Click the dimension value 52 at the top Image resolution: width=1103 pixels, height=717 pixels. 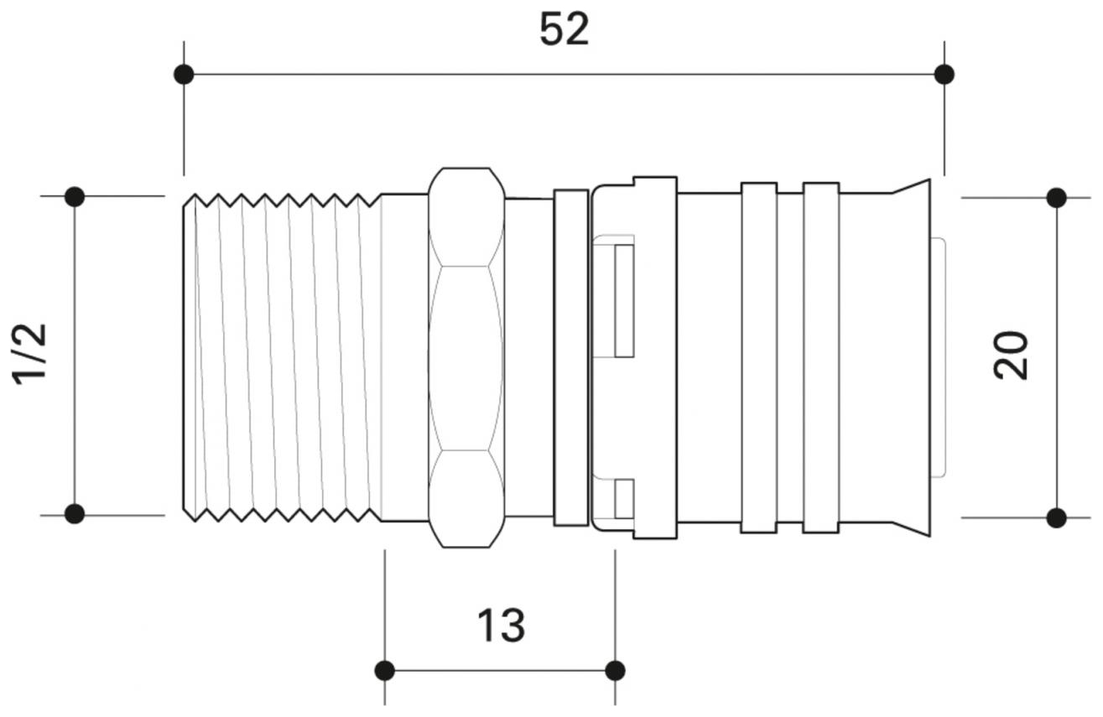[564, 31]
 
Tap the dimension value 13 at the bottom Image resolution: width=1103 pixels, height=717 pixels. [501, 625]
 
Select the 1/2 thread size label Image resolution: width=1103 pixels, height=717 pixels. [31, 354]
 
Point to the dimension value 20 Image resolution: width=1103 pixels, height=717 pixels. [1012, 356]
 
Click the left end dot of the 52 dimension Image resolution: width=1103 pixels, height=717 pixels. [184, 75]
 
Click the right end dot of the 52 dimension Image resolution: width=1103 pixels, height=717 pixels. [944, 75]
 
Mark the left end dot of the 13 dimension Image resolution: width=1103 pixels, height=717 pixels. [385, 670]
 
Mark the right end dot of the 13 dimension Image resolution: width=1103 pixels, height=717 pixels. [615, 670]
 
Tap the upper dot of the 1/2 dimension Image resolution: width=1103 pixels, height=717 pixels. [75, 197]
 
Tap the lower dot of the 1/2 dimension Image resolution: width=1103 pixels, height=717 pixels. [75, 513]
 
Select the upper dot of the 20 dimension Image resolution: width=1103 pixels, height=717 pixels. [1056, 198]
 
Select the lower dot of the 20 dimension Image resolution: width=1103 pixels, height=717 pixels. [1056, 517]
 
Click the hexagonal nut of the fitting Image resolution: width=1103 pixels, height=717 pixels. [466, 358]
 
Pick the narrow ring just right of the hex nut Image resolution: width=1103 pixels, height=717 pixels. [571, 358]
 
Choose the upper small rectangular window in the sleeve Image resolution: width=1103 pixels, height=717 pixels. [623, 301]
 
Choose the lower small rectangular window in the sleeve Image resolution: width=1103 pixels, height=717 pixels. [623, 499]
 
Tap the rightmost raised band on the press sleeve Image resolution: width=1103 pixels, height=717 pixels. [821, 358]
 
